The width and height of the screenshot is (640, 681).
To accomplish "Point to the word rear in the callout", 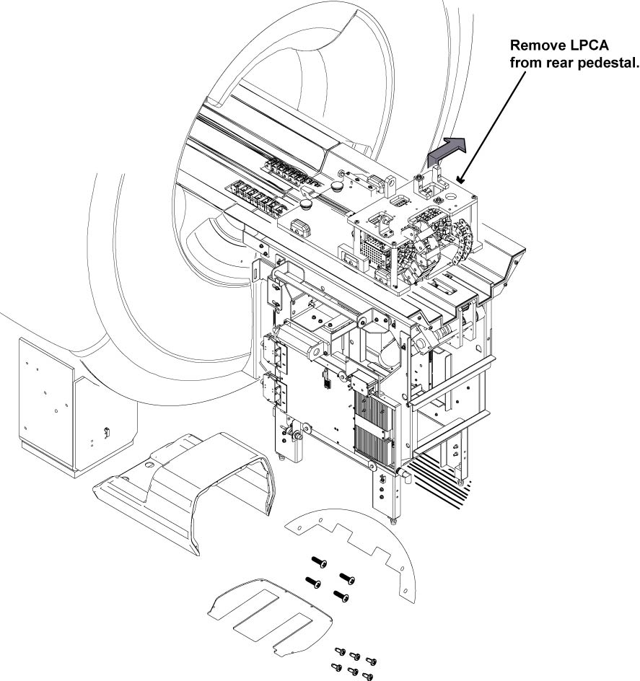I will point(564,63).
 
